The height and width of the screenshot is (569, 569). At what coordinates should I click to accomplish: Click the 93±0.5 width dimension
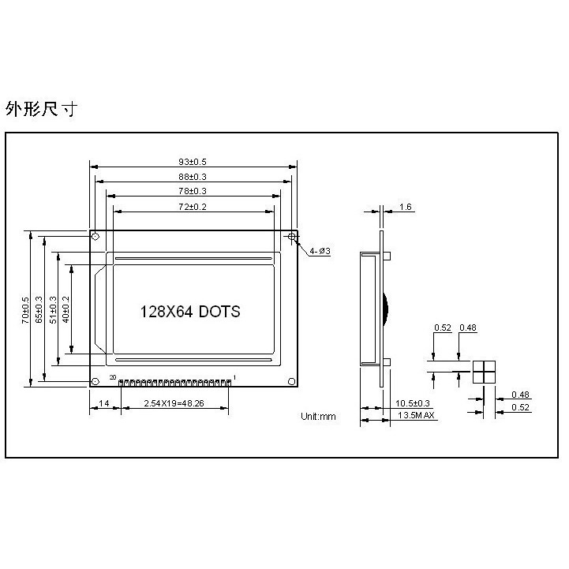pos(193,163)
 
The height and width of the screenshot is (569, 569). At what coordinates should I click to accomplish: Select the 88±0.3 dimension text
pos(193,177)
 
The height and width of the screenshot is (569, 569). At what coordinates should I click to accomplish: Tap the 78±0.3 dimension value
pos(193,191)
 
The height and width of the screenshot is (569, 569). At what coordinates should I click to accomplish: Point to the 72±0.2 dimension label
pos(193,206)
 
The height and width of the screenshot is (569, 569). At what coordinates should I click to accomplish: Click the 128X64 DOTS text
pos(190,311)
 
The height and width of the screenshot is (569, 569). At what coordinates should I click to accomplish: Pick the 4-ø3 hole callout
pos(320,251)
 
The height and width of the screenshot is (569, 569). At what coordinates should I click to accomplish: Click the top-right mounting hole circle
pos(292,236)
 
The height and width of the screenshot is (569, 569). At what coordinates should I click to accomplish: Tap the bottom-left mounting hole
pos(95,382)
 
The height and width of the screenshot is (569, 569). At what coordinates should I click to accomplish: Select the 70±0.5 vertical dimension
pos(26,310)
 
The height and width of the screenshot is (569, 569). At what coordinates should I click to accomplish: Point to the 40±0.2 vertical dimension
pos(67,310)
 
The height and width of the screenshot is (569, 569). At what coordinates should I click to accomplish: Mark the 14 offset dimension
pos(104,403)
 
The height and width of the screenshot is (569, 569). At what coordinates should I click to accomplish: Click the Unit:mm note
pos(318,416)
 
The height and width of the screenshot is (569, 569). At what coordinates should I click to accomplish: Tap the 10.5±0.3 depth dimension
pos(413,403)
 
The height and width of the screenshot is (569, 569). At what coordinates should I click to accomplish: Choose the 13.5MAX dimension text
pos(416,415)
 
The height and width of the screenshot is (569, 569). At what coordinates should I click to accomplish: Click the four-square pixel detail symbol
pos(483,372)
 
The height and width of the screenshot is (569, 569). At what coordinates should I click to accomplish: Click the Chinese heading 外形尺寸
pos(40,109)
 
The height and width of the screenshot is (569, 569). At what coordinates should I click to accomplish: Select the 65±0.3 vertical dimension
pos(39,310)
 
